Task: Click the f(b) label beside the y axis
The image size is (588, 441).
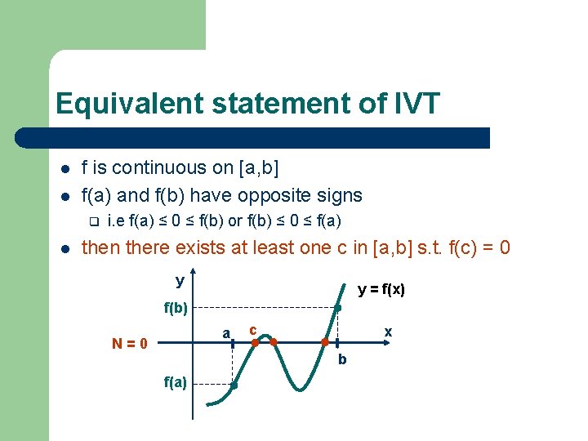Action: (175, 309)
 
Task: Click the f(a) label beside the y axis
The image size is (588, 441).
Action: (175, 381)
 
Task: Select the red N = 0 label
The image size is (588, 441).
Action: (129, 344)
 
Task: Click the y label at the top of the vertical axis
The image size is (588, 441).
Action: (180, 280)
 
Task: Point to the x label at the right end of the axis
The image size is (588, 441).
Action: (388, 332)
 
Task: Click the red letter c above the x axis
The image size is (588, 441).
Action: (252, 329)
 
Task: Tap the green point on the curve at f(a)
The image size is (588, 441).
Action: (234, 385)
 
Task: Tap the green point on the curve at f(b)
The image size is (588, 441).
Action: (338, 308)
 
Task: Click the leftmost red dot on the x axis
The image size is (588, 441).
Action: (254, 343)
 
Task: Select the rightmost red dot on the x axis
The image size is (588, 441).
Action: (325, 342)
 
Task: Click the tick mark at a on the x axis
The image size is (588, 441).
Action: (233, 344)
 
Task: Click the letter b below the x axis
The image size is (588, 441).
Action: (342, 359)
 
